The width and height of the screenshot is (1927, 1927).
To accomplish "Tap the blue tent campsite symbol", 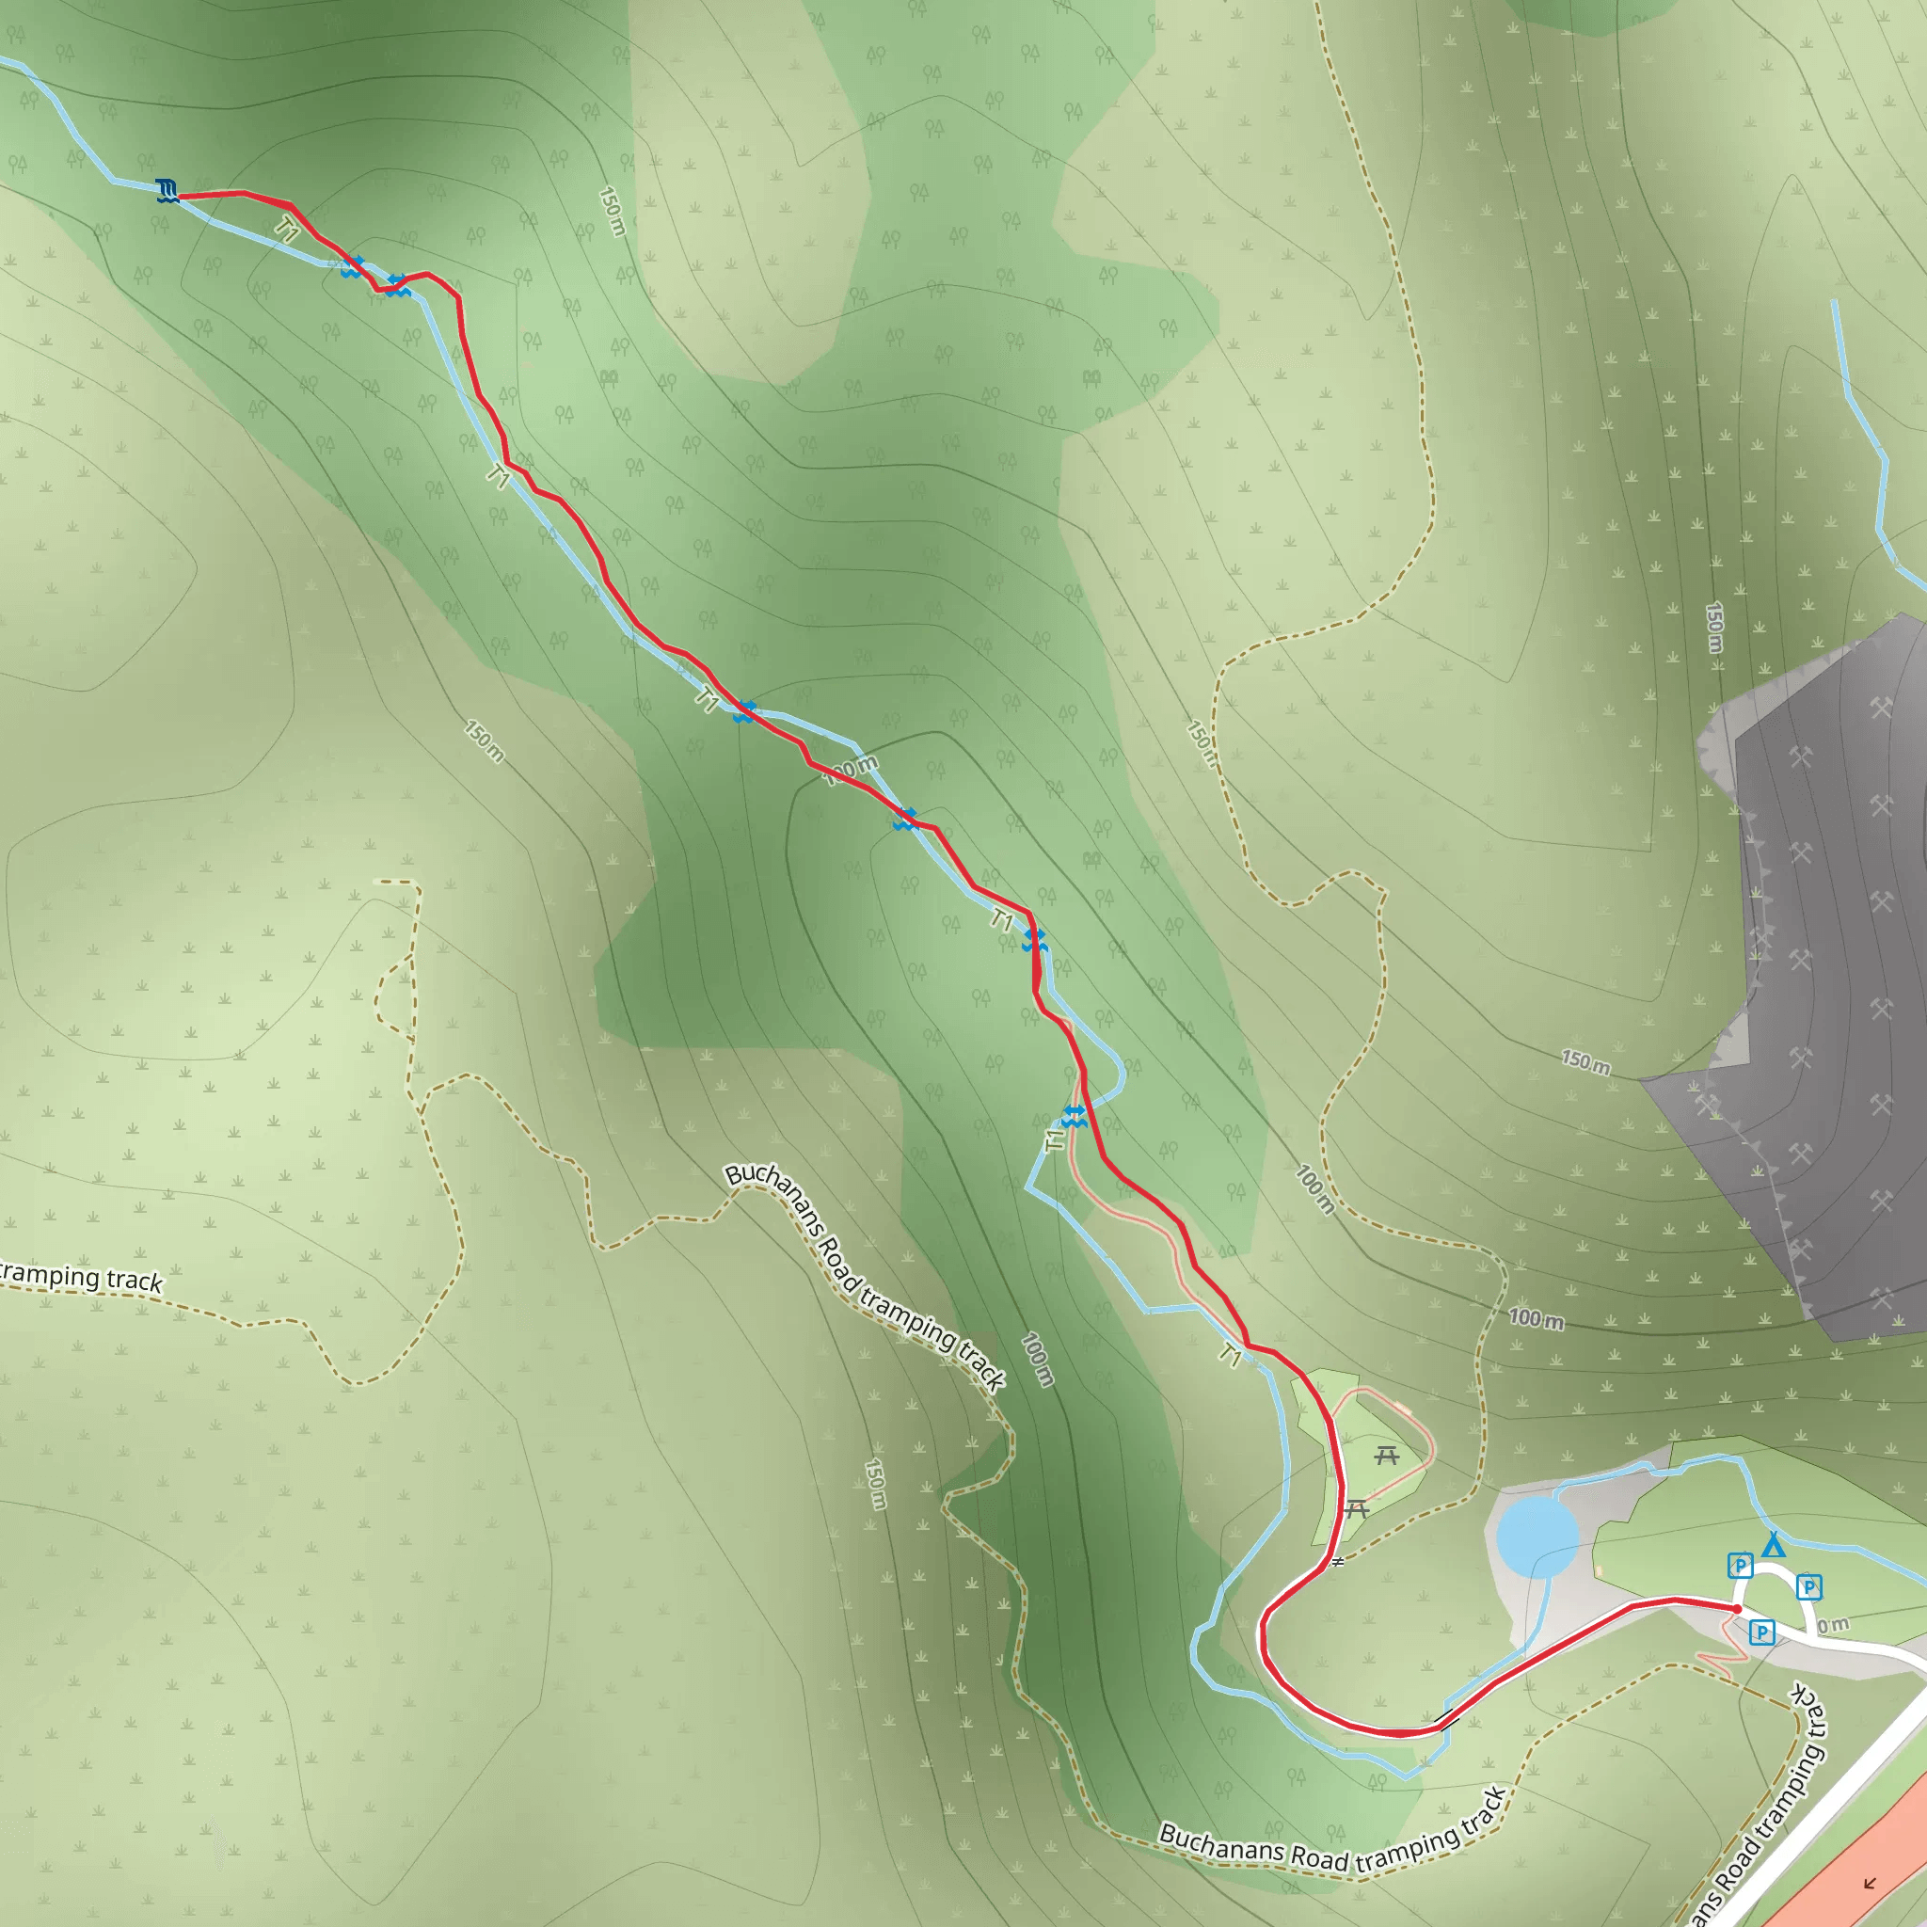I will click(x=1773, y=1545).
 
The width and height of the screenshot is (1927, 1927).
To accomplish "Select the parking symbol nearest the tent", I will click(x=1741, y=1565).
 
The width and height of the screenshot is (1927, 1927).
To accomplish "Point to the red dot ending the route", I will click(x=1738, y=1609).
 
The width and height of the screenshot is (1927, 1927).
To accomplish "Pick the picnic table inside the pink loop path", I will click(x=1386, y=1457).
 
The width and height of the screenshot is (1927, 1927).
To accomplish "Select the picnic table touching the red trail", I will click(x=1356, y=1509).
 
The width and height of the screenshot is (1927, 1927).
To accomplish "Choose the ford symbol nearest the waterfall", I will click(x=352, y=267).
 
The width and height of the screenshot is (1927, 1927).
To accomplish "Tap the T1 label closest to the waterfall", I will click(x=287, y=231).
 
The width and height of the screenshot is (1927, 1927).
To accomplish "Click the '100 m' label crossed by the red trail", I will click(x=851, y=770).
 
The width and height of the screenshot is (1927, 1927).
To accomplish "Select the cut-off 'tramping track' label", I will click(x=80, y=1278).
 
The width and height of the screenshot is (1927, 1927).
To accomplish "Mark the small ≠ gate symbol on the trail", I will click(x=1338, y=1562).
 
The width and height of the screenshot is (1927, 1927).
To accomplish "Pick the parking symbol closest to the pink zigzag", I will click(x=1762, y=1632).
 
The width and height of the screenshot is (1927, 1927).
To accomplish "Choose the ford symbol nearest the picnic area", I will click(x=1074, y=1117).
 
